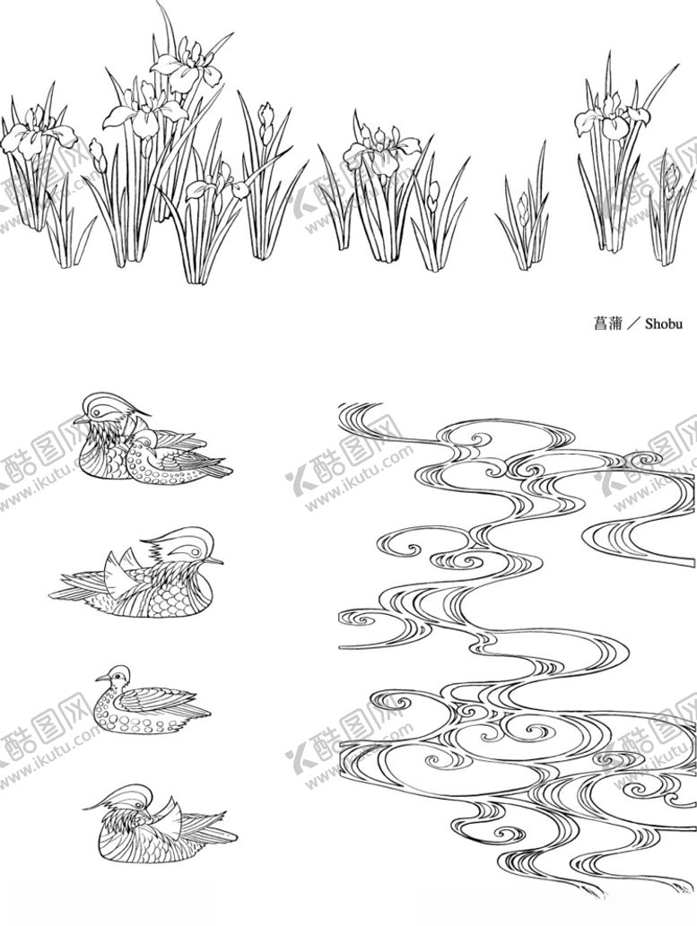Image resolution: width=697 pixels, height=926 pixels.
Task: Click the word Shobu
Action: [663, 324]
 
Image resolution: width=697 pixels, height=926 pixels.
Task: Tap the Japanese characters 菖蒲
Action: [607, 324]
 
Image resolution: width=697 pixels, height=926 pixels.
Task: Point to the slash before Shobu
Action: [632, 324]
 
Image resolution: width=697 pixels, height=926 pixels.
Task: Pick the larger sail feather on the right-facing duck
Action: [116, 569]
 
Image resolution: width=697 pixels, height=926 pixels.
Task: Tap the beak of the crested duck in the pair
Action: [79, 420]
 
